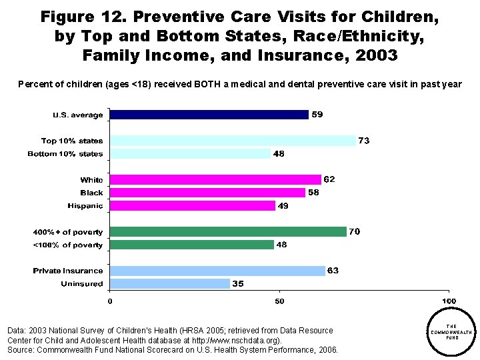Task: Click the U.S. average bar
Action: (209, 115)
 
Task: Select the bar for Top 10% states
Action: (233, 141)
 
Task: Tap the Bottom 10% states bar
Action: (190, 154)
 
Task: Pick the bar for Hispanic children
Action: (192, 206)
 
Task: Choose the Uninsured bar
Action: (169, 284)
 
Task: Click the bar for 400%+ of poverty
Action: (228, 232)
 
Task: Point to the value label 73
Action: (364, 141)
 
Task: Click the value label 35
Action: (238, 284)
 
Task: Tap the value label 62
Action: (329, 179)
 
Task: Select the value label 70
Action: (354, 232)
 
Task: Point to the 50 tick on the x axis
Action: (279, 302)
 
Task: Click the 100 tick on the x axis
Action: (449, 302)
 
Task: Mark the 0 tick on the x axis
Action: (110, 302)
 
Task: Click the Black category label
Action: (91, 193)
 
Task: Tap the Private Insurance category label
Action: (68, 271)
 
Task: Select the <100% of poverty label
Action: (68, 245)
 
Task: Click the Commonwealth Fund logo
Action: (451, 331)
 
